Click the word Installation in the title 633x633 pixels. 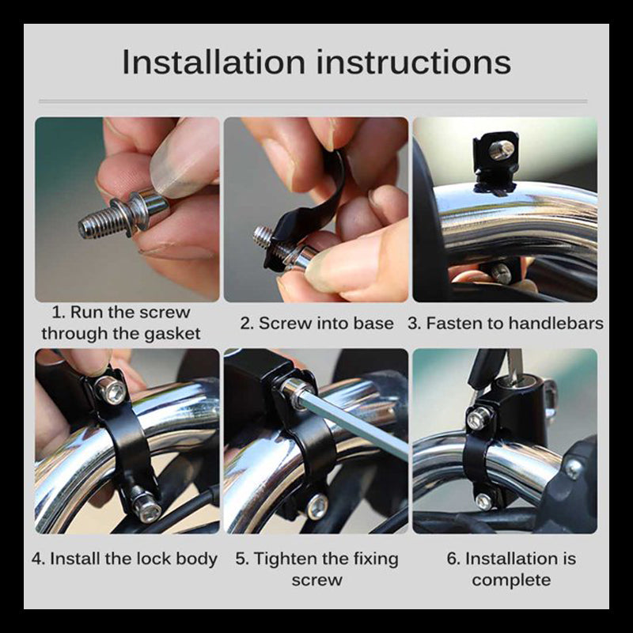(x=214, y=62)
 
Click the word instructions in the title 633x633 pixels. (x=414, y=62)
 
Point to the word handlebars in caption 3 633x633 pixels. (x=555, y=324)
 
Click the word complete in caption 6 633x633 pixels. (x=511, y=581)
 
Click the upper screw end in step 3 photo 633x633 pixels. (x=502, y=150)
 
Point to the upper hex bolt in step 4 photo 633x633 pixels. (x=111, y=390)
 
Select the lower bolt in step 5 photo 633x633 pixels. (x=317, y=506)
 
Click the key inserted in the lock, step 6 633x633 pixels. (x=514, y=366)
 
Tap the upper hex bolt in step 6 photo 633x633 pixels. (x=479, y=419)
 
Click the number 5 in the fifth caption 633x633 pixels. (x=241, y=559)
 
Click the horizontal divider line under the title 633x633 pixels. (x=313, y=101)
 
